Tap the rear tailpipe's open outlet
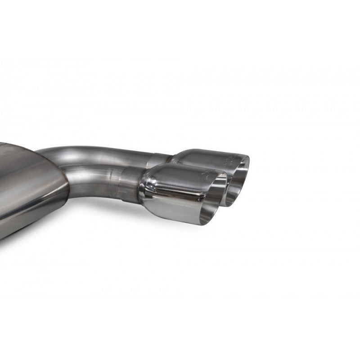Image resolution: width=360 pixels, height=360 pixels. [240, 176]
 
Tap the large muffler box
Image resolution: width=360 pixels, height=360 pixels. [27, 189]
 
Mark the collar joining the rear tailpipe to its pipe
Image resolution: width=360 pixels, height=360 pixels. [160, 158]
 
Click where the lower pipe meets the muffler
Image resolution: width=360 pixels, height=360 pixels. [70, 180]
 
